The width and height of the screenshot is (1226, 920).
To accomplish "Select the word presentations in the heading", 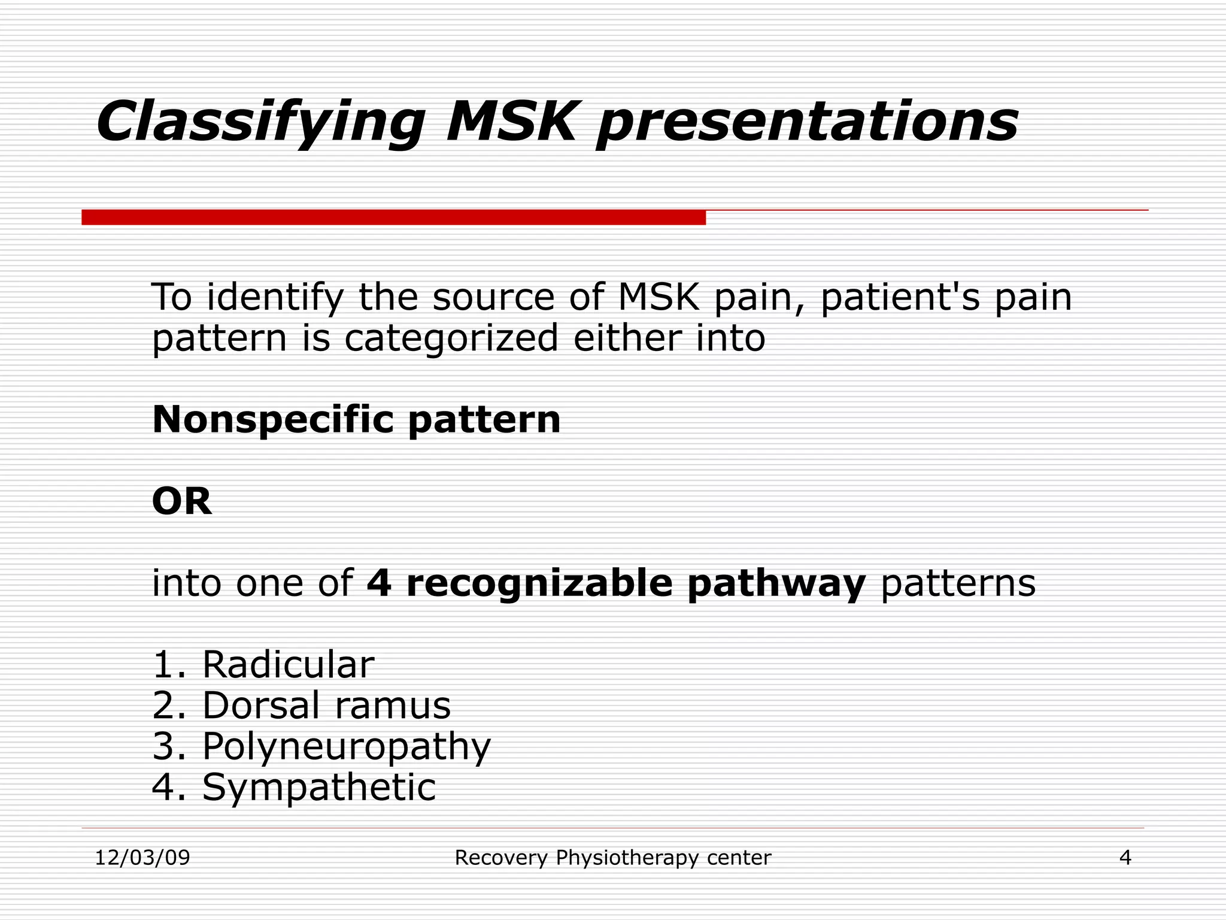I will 806,123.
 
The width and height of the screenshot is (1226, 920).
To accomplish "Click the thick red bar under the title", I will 393,217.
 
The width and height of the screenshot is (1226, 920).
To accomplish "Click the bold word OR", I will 182,501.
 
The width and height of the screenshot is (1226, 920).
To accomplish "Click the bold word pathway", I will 776,584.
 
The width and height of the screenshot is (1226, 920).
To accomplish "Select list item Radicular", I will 288,664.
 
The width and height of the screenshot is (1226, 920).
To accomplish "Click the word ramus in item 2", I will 392,705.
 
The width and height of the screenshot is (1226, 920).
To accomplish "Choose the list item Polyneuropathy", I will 346,747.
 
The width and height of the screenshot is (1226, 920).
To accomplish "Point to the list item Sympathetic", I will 318,788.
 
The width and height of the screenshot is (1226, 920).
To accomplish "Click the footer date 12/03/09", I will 142,858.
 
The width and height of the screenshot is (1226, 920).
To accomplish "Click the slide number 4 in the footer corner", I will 1125,858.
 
